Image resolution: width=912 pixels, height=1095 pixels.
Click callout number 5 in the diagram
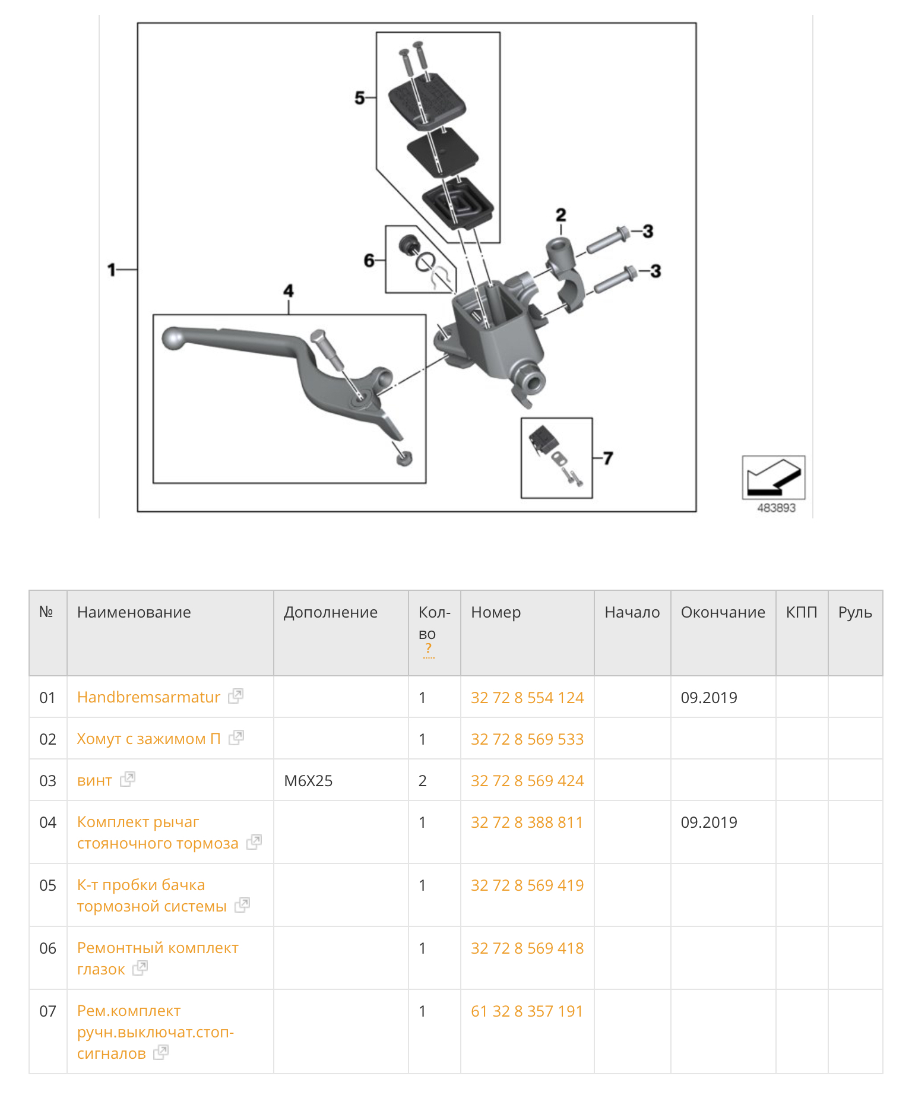point(359,97)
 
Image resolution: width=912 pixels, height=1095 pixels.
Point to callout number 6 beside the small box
point(369,260)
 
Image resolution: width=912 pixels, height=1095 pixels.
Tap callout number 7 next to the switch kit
point(607,458)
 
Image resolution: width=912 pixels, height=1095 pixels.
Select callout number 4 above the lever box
point(289,291)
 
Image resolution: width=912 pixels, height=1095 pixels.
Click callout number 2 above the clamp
point(560,215)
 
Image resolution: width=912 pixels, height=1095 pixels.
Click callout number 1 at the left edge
point(112,270)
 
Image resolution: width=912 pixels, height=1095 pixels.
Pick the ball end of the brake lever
point(173,338)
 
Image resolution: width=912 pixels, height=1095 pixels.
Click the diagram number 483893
point(775,508)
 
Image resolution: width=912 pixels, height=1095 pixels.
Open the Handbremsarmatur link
point(148,697)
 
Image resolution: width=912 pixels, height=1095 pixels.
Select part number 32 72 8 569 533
point(527,739)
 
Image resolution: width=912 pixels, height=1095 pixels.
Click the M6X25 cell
point(308,780)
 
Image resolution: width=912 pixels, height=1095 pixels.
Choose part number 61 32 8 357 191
point(527,1011)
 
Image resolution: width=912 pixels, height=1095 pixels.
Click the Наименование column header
point(134,612)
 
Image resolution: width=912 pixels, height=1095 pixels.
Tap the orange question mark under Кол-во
point(428,649)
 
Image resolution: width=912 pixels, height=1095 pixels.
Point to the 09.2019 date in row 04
point(709,822)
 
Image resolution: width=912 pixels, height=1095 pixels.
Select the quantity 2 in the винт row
point(423,780)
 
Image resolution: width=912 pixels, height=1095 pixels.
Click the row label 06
point(47,948)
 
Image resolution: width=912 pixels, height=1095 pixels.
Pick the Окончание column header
point(723,612)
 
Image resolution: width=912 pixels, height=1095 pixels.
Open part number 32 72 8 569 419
point(527,885)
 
